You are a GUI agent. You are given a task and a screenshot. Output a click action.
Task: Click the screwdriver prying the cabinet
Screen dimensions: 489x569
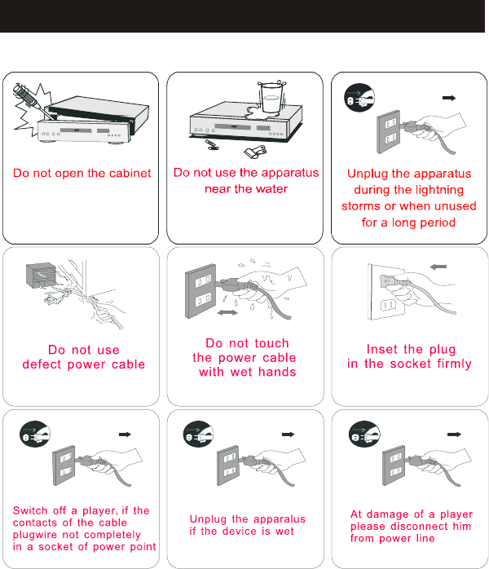point(33,99)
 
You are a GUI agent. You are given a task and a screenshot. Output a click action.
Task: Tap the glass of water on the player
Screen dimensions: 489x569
point(271,98)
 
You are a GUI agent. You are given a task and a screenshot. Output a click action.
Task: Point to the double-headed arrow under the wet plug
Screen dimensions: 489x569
point(227,312)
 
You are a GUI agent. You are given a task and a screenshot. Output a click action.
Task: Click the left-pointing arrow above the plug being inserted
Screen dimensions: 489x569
point(438,267)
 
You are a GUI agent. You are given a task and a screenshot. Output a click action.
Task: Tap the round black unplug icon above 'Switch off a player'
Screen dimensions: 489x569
point(35,434)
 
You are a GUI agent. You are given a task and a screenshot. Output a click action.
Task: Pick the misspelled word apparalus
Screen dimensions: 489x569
point(280,519)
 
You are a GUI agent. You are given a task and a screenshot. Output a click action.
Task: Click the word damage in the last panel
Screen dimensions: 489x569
point(388,514)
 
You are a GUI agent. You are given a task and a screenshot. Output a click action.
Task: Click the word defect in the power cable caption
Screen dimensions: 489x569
point(42,364)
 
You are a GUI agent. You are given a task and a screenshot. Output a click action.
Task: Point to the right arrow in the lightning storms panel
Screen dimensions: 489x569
point(449,98)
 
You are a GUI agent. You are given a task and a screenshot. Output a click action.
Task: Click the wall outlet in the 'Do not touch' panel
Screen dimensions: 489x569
point(200,291)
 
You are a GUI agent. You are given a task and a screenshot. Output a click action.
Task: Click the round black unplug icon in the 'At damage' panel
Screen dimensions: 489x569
point(364,434)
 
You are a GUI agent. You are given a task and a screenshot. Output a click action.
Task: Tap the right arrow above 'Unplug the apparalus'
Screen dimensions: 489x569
point(289,434)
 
